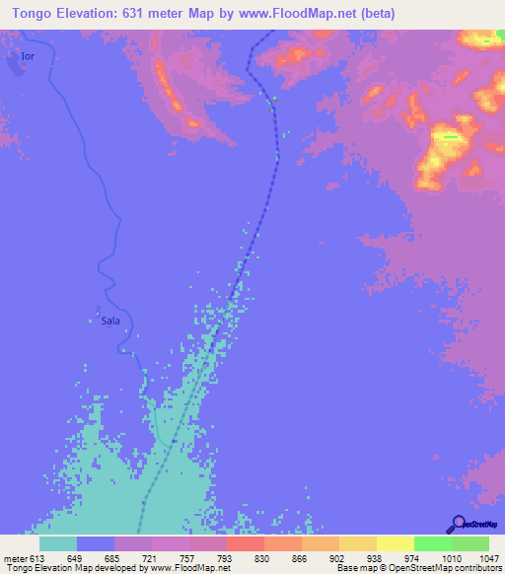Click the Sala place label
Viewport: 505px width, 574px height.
tap(110, 321)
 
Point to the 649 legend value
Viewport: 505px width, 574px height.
tap(77, 558)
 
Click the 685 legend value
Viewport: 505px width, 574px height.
tap(114, 558)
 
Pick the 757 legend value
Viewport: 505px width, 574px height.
tap(189, 558)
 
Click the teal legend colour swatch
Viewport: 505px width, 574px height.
tap(58, 543)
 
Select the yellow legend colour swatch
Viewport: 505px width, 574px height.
tap(396, 543)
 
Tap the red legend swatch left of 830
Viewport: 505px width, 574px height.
tap(246, 543)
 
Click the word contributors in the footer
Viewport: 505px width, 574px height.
tap(477, 569)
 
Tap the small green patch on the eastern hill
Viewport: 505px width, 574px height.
tap(450, 136)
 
